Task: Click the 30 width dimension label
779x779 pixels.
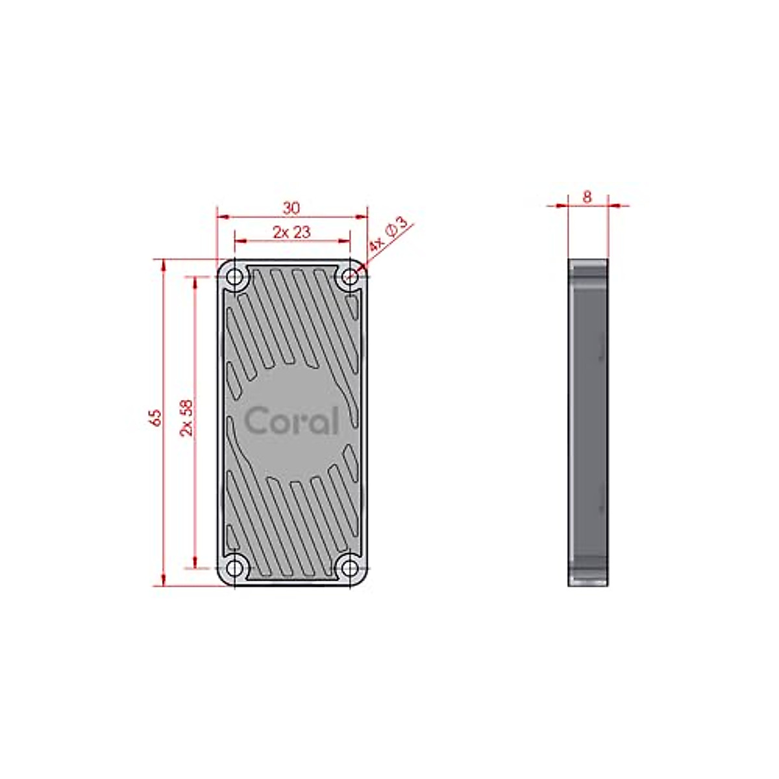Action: (291, 208)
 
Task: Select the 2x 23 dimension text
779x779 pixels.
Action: (291, 232)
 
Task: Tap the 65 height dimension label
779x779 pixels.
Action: (155, 417)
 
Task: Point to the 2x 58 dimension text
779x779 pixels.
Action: (186, 417)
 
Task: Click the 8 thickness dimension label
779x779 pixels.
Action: (587, 197)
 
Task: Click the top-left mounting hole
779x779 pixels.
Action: (234, 277)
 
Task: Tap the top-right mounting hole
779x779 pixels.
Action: (350, 277)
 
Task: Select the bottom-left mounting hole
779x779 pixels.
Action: (234, 568)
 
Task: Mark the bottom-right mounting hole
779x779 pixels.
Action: (350, 568)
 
